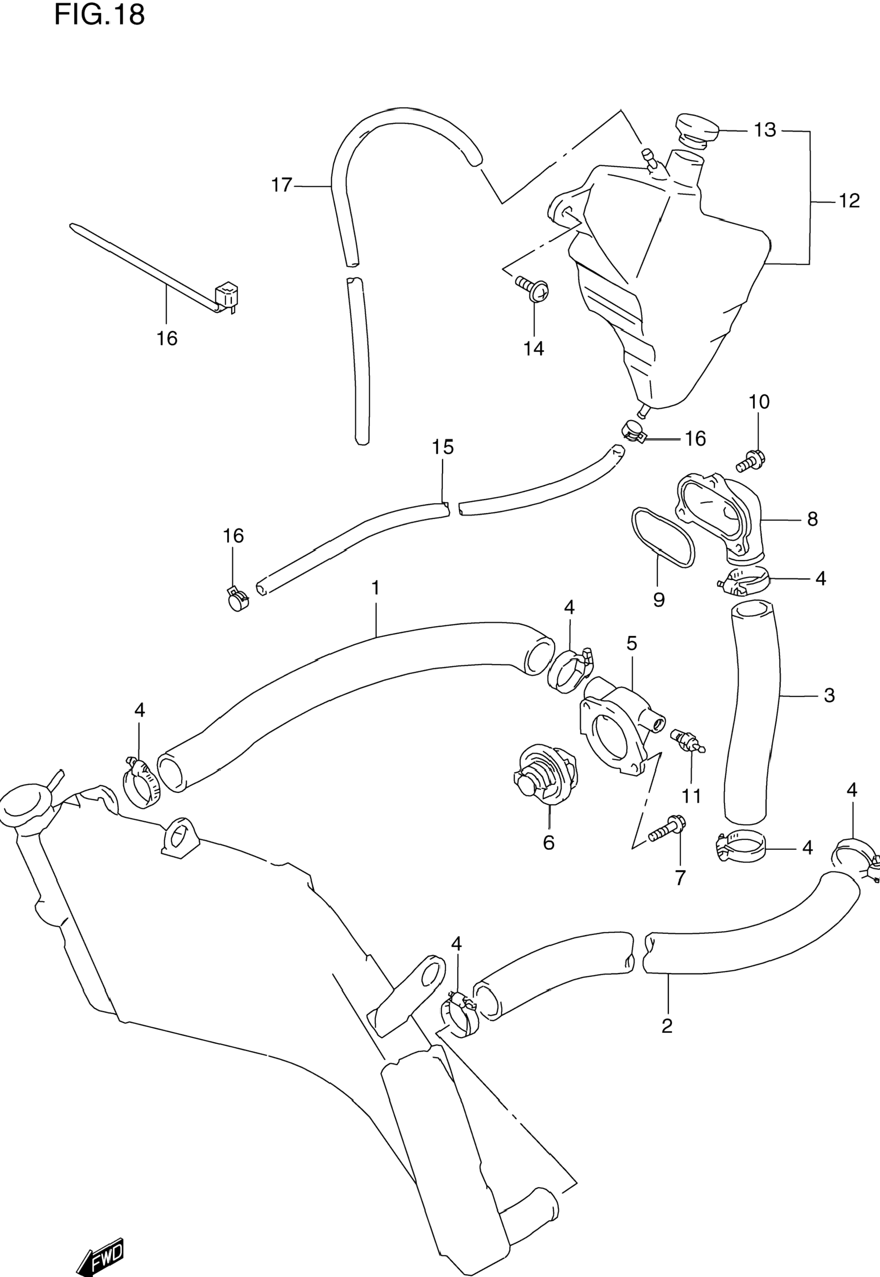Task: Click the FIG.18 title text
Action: pos(99,15)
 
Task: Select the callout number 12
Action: pos(849,201)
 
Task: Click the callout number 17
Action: pos(281,185)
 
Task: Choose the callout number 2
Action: pos(667,1026)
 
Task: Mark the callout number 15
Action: pos(443,447)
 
